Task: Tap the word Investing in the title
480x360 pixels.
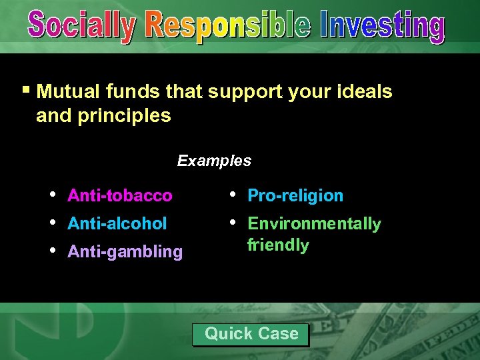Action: pyautogui.click(x=382, y=27)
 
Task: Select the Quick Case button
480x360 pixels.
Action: pyautogui.click(x=251, y=334)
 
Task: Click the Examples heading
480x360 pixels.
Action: pyautogui.click(x=214, y=161)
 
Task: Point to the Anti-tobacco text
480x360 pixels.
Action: pyautogui.click(x=119, y=195)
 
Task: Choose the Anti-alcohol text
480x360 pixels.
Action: pyautogui.click(x=117, y=223)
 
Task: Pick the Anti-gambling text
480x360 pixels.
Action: pyautogui.click(x=125, y=251)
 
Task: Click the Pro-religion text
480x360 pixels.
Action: pyautogui.click(x=295, y=195)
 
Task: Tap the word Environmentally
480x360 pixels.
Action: pyautogui.click(x=314, y=223)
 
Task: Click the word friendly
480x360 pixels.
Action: pyautogui.click(x=278, y=245)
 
